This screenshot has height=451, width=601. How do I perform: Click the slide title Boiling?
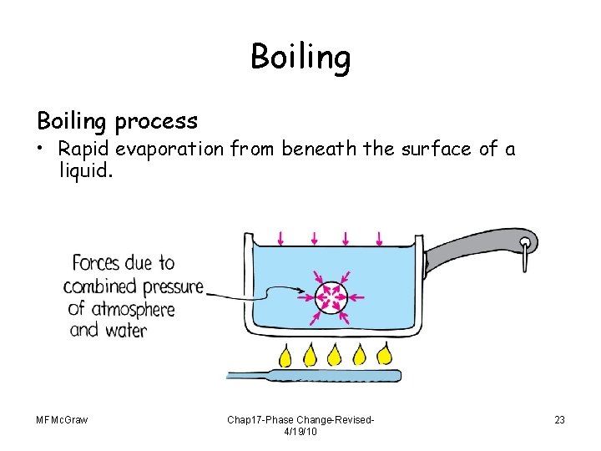coord(300,58)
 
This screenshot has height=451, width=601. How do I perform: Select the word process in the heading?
coord(157,121)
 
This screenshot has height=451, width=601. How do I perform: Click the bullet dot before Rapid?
coord(42,149)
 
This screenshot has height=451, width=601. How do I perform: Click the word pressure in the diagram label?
coord(169,286)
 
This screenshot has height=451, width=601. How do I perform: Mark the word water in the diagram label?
coord(126,330)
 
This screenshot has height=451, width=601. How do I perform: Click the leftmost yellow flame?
coord(285,356)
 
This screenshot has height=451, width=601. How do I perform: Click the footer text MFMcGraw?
coord(63,419)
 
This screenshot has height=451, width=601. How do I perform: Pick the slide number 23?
coord(558,419)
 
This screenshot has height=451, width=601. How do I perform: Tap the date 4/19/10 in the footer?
coord(300,432)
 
